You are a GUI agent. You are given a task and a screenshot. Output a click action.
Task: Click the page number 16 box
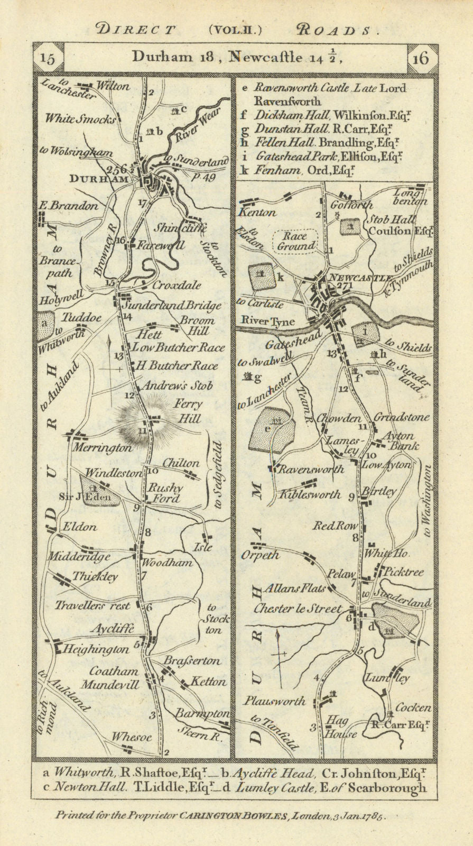pyautogui.click(x=423, y=58)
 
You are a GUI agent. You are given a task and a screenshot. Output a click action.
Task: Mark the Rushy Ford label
pyautogui.click(x=165, y=493)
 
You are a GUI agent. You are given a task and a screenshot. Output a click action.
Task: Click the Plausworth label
pyautogui.click(x=274, y=701)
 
